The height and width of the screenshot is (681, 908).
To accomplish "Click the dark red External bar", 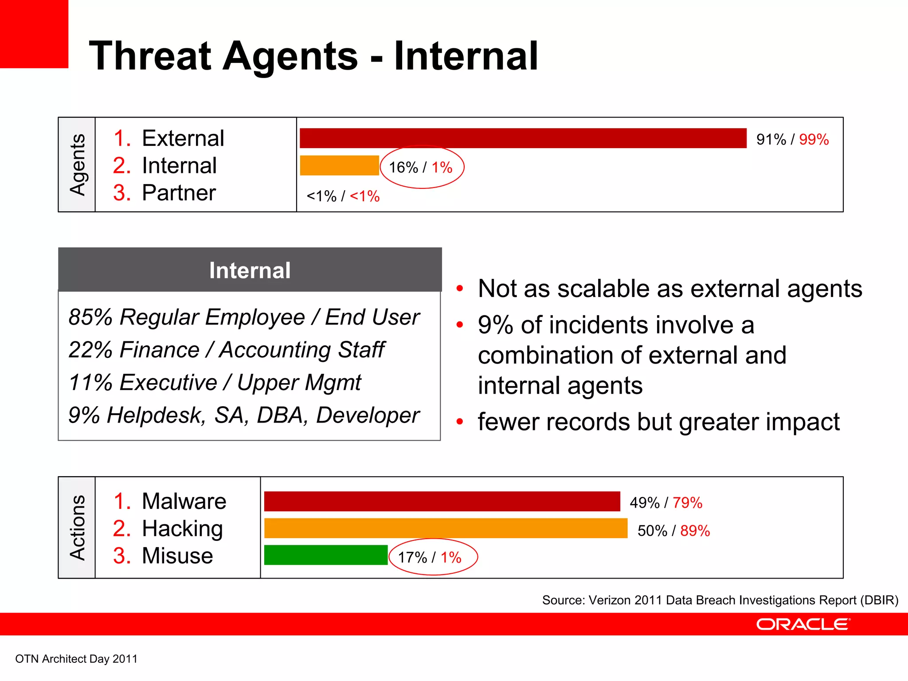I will point(523,138).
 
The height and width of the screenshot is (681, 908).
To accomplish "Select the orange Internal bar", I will point(339,165).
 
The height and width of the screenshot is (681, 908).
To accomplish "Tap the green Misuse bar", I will point(326,555).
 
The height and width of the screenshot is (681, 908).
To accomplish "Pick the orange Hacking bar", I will point(446,528).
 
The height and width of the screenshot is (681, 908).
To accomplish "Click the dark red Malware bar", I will point(442,501).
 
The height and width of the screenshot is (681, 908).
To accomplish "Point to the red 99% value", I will point(814,140).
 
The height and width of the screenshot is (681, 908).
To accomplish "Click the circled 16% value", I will point(403,168).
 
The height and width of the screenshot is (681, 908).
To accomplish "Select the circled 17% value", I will point(412,557).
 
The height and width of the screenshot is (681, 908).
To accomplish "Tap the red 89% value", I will point(695,531).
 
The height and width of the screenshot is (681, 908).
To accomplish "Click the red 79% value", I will point(687,503).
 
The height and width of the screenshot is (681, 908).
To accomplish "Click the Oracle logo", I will point(803,624).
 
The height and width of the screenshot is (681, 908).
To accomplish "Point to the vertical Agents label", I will point(77,164).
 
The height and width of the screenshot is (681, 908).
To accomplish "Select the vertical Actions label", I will point(77,528).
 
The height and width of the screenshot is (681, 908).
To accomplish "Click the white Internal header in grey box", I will point(250,270).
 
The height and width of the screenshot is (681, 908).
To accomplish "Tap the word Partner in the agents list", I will point(179,193).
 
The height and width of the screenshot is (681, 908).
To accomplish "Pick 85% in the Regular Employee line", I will point(90,317).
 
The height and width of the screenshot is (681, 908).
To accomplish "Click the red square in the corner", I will point(34,34).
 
